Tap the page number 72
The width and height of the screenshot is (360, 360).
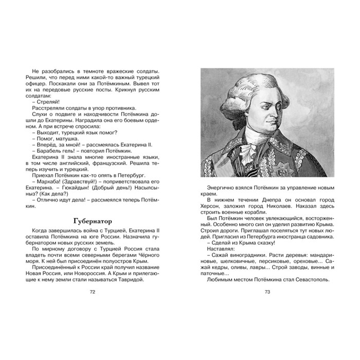pos(93,292)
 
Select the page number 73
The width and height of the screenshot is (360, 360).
pos(267,292)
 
